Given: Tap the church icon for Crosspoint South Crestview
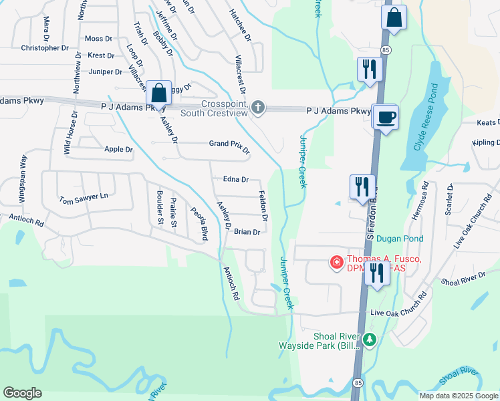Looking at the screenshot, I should [258, 107].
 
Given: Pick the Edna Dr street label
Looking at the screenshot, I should [235, 179].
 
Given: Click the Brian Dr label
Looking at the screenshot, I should [247, 232].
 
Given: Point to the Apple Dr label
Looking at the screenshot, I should [118, 149].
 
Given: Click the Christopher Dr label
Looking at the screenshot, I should [45, 48].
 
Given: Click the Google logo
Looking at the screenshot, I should [23, 393].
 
